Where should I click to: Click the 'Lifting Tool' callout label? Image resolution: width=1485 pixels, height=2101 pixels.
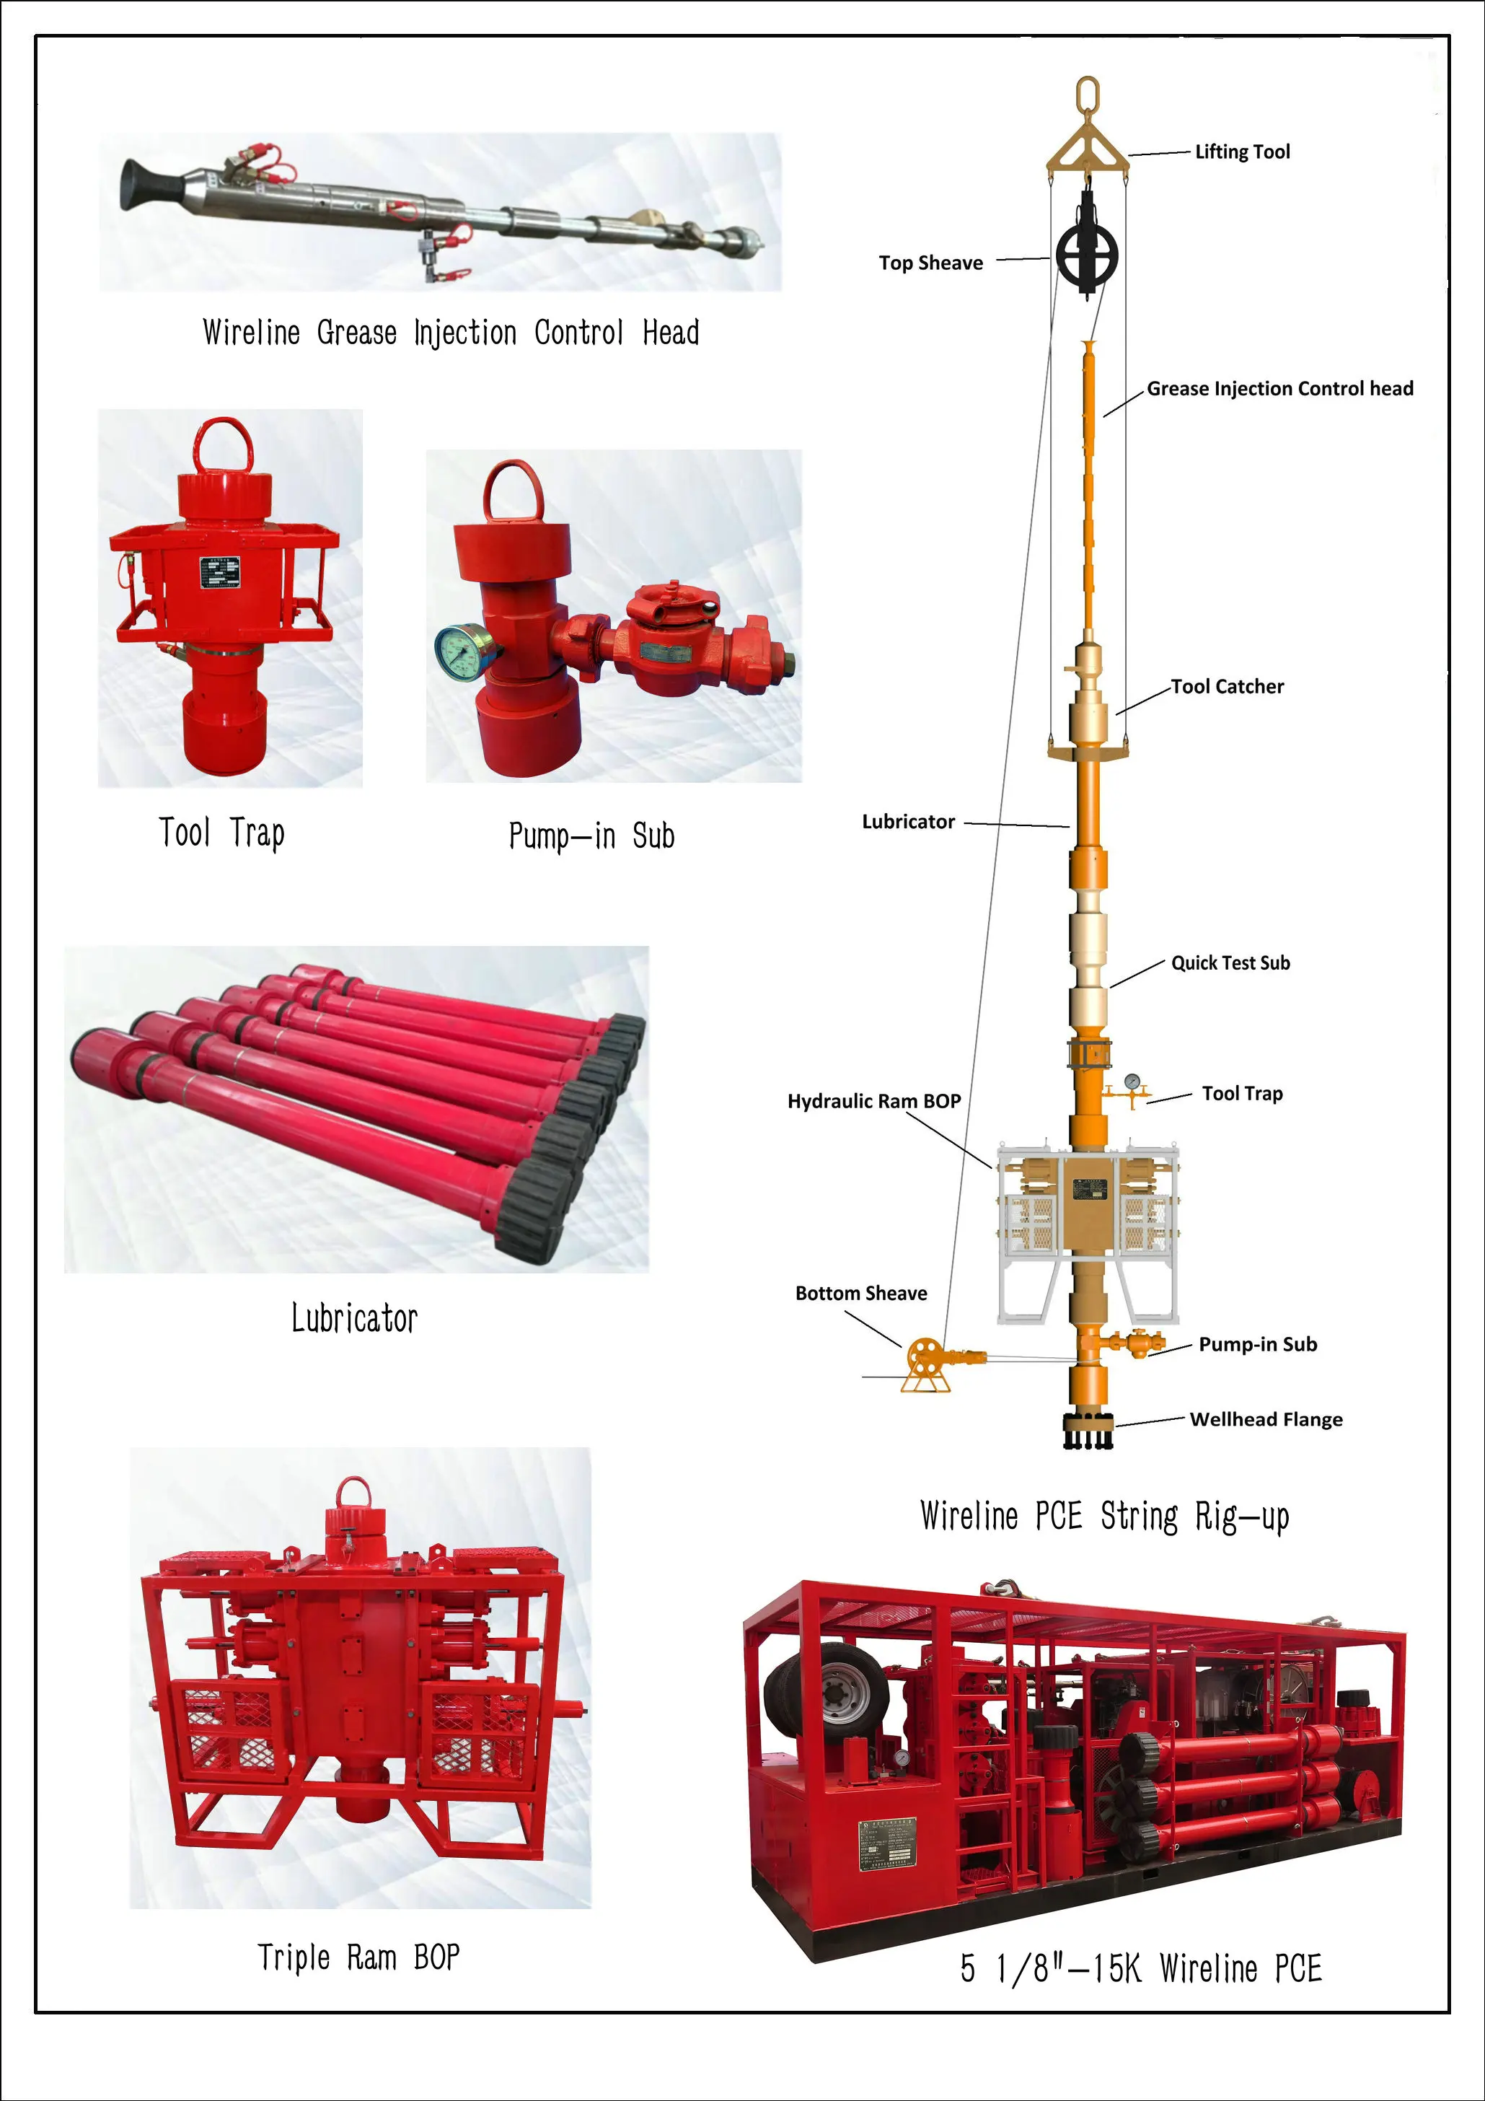pyautogui.click(x=1242, y=152)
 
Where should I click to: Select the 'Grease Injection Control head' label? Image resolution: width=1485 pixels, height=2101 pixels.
pyautogui.click(x=1279, y=389)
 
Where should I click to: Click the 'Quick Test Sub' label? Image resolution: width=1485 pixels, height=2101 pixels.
pyautogui.click(x=1230, y=962)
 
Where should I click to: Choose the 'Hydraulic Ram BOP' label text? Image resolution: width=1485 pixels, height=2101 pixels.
pyautogui.click(x=874, y=1101)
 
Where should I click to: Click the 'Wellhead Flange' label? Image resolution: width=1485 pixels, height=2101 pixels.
pyautogui.click(x=1266, y=1419)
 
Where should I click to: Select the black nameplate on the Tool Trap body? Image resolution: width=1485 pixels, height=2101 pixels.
pyautogui.click(x=219, y=574)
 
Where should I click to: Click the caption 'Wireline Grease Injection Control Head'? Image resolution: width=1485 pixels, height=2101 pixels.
pyautogui.click(x=450, y=332)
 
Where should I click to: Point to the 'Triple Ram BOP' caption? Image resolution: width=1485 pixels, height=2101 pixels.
pyautogui.click(x=358, y=1957)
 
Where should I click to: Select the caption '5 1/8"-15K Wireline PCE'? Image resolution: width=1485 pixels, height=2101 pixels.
pyautogui.click(x=1140, y=1968)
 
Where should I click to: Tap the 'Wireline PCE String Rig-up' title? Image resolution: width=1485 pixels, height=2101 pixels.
pyautogui.click(x=1104, y=1517)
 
